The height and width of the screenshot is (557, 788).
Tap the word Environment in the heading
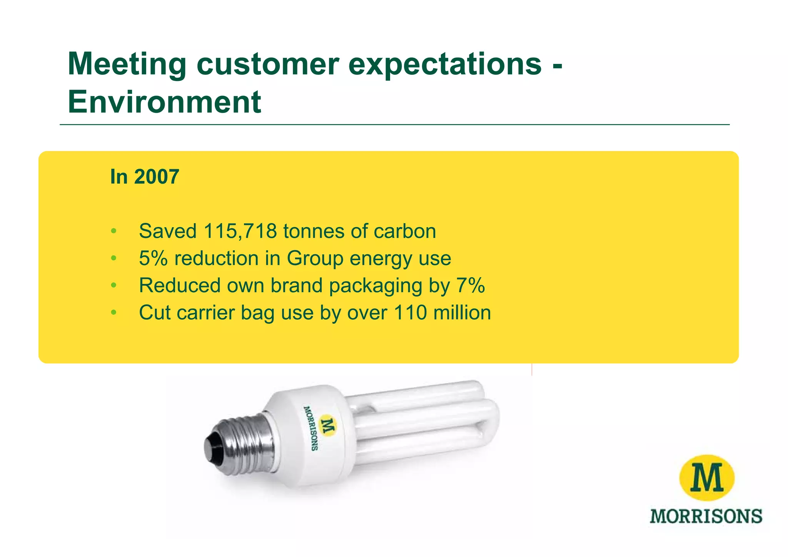tap(165, 102)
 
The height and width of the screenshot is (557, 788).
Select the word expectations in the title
tap(445, 64)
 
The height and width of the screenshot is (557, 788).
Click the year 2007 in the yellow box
tap(157, 177)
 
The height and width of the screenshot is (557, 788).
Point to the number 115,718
tap(240, 231)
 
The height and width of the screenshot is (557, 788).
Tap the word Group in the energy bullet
tap(315, 258)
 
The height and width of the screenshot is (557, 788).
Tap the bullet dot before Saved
tap(113, 231)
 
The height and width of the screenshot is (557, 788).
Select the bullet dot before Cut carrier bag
tap(113, 313)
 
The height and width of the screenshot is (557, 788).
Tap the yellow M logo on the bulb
tap(328, 426)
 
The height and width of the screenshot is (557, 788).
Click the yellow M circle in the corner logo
tap(707, 478)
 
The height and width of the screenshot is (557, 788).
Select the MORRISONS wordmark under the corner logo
tap(706, 516)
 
